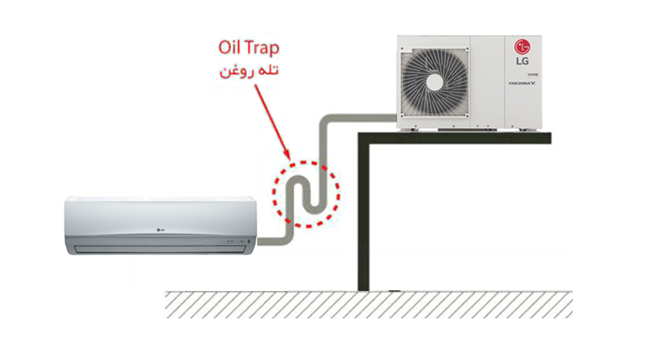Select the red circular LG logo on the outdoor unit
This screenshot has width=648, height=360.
pyautogui.click(x=521, y=45)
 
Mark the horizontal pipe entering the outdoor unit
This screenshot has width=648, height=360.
pyautogui.click(x=362, y=116)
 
